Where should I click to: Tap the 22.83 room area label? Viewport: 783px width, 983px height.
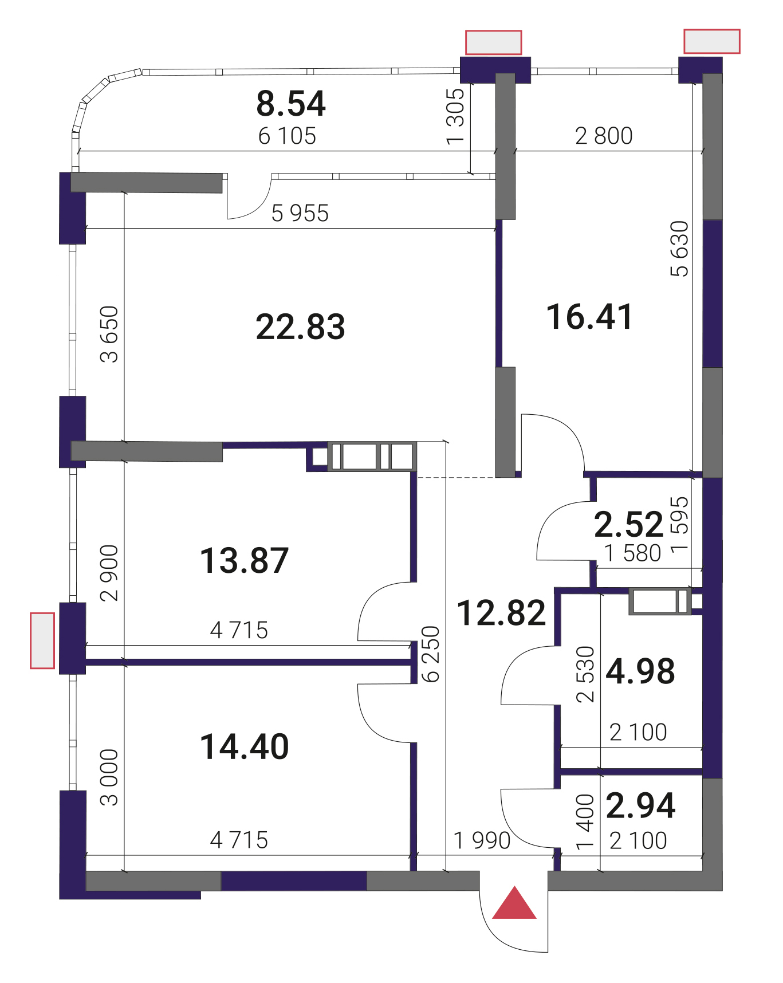[300, 327]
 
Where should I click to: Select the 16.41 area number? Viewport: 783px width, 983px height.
[589, 317]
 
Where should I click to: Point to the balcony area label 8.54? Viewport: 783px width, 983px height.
[291, 104]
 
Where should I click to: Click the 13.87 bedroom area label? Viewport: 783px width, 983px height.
[245, 560]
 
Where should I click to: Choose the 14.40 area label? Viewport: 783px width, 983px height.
[245, 747]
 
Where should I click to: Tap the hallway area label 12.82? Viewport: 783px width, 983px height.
[502, 613]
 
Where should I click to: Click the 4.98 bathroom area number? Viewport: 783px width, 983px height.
[640, 671]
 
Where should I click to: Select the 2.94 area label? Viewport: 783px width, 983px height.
[640, 805]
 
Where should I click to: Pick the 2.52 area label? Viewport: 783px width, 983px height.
[629, 524]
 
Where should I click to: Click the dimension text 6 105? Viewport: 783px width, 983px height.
[287, 136]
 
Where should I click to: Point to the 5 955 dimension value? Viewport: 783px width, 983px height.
[300, 213]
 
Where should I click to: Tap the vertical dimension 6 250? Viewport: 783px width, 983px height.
[430, 654]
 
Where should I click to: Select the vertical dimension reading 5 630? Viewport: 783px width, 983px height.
[679, 249]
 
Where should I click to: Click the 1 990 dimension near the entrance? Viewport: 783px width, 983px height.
[482, 840]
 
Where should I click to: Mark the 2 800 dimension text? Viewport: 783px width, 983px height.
[604, 136]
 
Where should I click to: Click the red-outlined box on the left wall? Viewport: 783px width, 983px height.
[42, 640]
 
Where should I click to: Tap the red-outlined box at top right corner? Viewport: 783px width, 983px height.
[712, 41]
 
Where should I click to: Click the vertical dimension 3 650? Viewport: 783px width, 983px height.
[109, 334]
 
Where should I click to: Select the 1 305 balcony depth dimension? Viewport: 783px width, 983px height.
[455, 116]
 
